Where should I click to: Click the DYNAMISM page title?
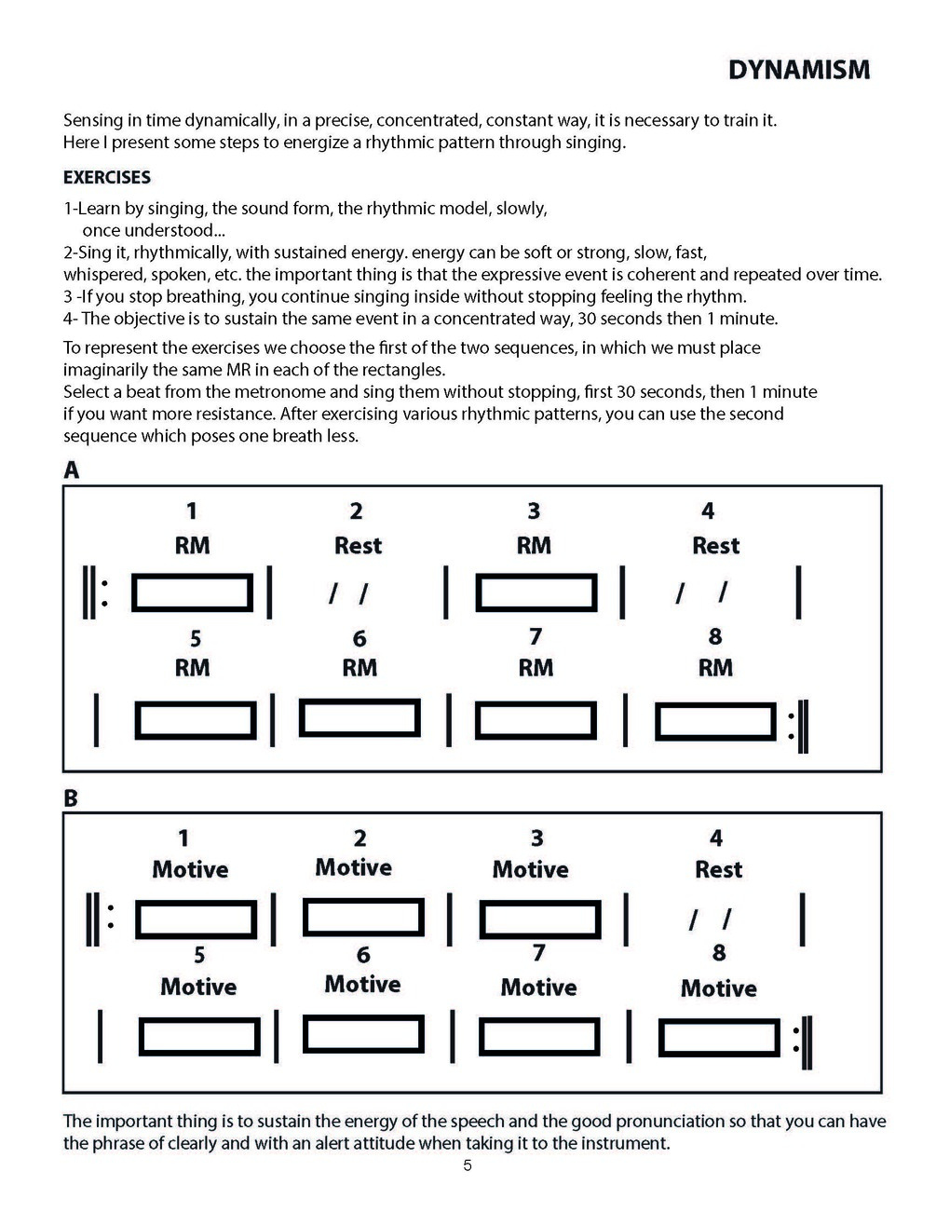(798, 70)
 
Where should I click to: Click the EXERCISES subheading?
(106, 177)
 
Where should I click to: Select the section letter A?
(72, 470)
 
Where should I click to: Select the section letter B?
(71, 798)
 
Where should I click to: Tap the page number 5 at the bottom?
(468, 1165)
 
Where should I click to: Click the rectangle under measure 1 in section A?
(193, 592)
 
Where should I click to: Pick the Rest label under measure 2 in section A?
(358, 546)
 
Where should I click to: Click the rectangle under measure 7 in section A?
(536, 720)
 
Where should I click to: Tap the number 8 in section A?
(715, 637)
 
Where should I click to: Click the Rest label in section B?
(718, 870)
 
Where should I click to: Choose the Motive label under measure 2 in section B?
(353, 868)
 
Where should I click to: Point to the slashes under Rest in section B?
(710, 919)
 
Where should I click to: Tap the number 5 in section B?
(199, 956)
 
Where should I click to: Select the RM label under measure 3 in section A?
(534, 546)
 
